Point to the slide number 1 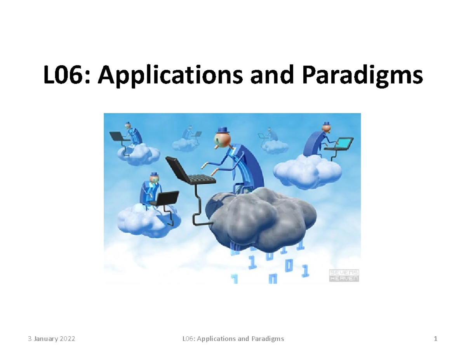436,339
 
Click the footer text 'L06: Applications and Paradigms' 233,339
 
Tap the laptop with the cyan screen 339,144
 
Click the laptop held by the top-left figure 117,136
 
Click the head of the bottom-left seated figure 152,179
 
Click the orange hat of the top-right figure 327,124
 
